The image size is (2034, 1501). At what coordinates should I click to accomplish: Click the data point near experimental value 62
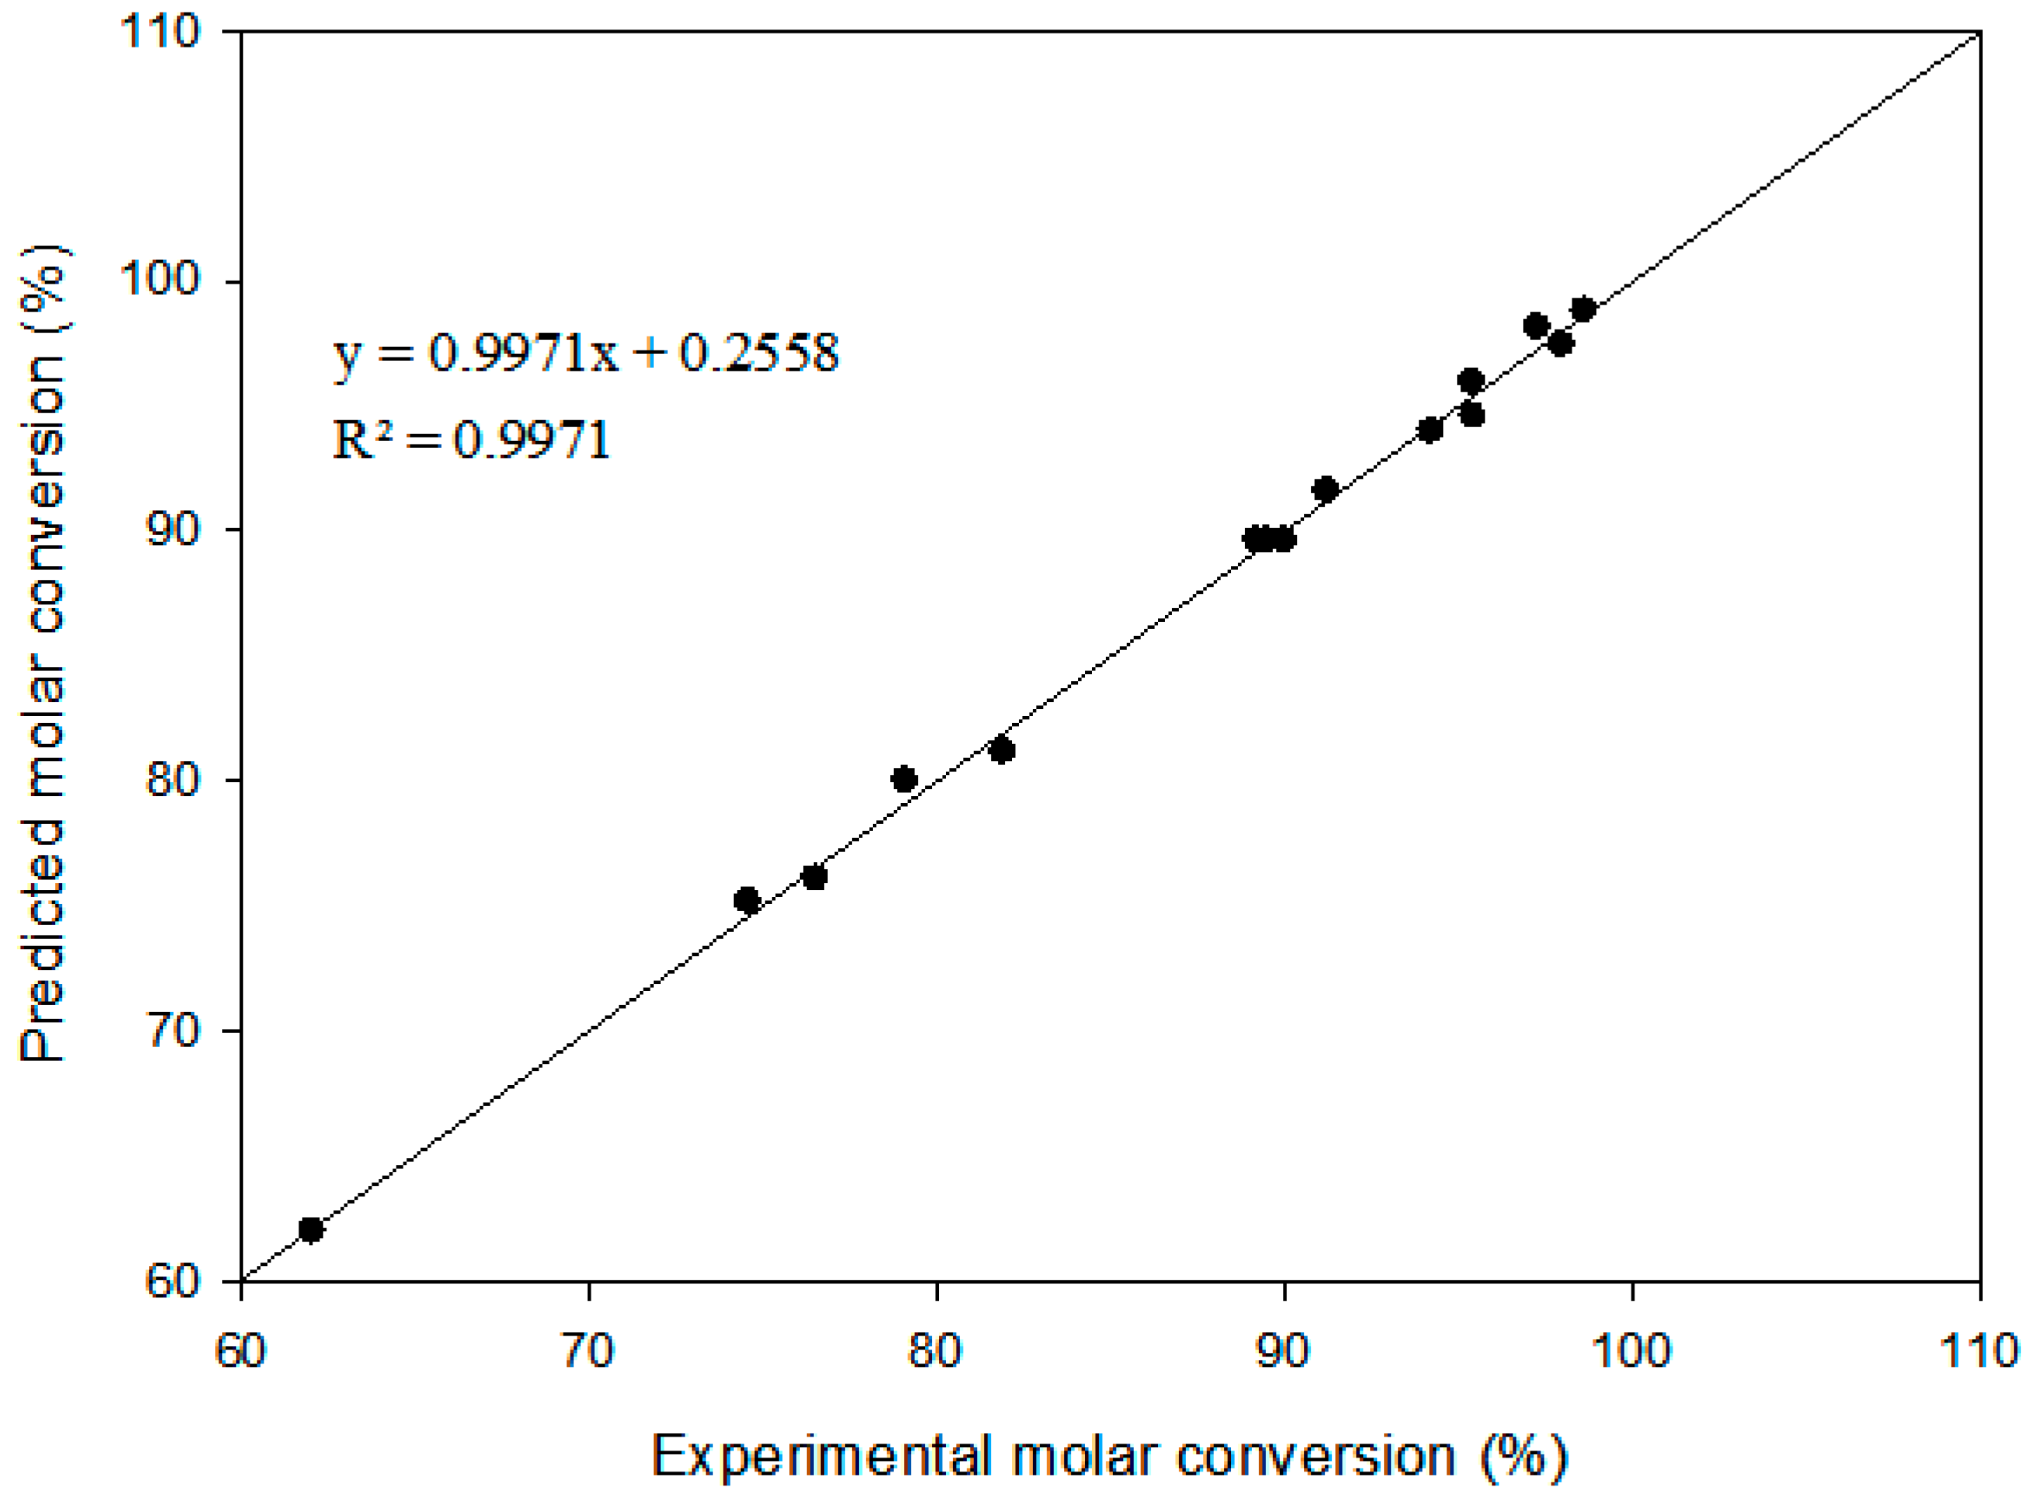click(311, 1230)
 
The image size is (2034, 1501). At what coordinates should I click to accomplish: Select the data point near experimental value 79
click(904, 780)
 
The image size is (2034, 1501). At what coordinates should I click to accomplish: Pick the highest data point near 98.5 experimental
click(1583, 309)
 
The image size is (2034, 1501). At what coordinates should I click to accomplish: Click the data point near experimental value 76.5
click(814, 878)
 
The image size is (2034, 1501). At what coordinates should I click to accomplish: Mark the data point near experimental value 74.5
click(747, 900)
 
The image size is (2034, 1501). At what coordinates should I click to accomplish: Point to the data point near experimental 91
click(1325, 490)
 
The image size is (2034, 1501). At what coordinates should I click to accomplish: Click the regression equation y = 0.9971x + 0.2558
click(586, 353)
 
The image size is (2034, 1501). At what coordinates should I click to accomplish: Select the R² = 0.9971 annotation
click(470, 440)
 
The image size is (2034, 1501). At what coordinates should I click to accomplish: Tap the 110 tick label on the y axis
click(160, 32)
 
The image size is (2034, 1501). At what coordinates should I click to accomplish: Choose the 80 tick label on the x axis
click(935, 1351)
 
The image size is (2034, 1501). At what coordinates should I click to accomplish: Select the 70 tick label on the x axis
click(588, 1351)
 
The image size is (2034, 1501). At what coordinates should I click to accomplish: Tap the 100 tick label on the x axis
click(1631, 1351)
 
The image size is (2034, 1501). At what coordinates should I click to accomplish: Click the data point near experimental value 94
click(1430, 430)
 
